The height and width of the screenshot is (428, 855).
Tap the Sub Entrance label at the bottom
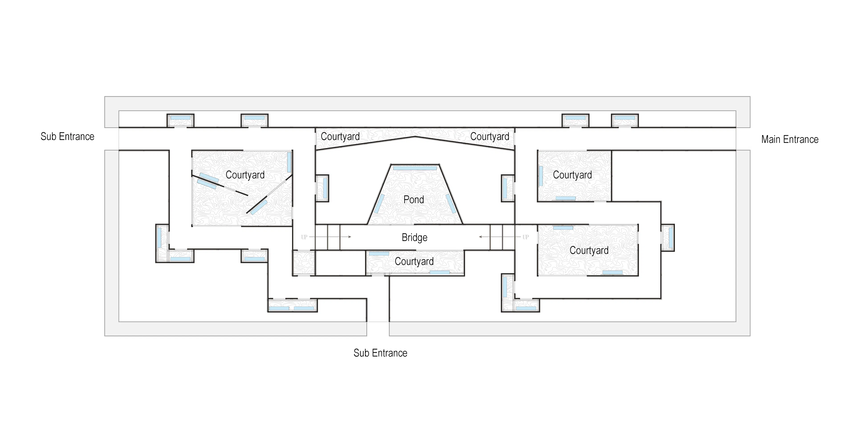[380, 353]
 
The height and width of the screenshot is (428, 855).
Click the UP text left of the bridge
[304, 237]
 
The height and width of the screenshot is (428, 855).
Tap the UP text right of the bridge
[525, 237]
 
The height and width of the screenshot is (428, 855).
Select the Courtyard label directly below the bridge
[414, 261]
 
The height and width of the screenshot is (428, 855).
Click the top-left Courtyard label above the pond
[340, 137]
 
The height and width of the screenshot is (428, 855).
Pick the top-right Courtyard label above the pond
[490, 137]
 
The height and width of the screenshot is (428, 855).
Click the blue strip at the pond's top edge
[415, 168]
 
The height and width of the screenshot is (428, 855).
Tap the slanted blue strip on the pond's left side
[379, 204]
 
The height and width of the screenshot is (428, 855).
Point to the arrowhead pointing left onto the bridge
[480, 237]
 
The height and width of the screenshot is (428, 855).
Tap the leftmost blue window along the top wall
[180, 118]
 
